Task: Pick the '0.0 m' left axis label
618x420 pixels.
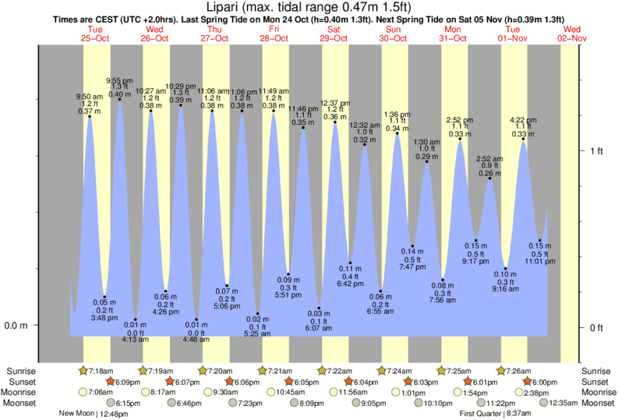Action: click(16, 326)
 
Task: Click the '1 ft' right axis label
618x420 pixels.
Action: click(597, 150)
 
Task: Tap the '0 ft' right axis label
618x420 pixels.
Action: click(597, 327)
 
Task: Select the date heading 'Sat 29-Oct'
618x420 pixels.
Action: click(334, 34)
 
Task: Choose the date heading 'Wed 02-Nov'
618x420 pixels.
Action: click(572, 34)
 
